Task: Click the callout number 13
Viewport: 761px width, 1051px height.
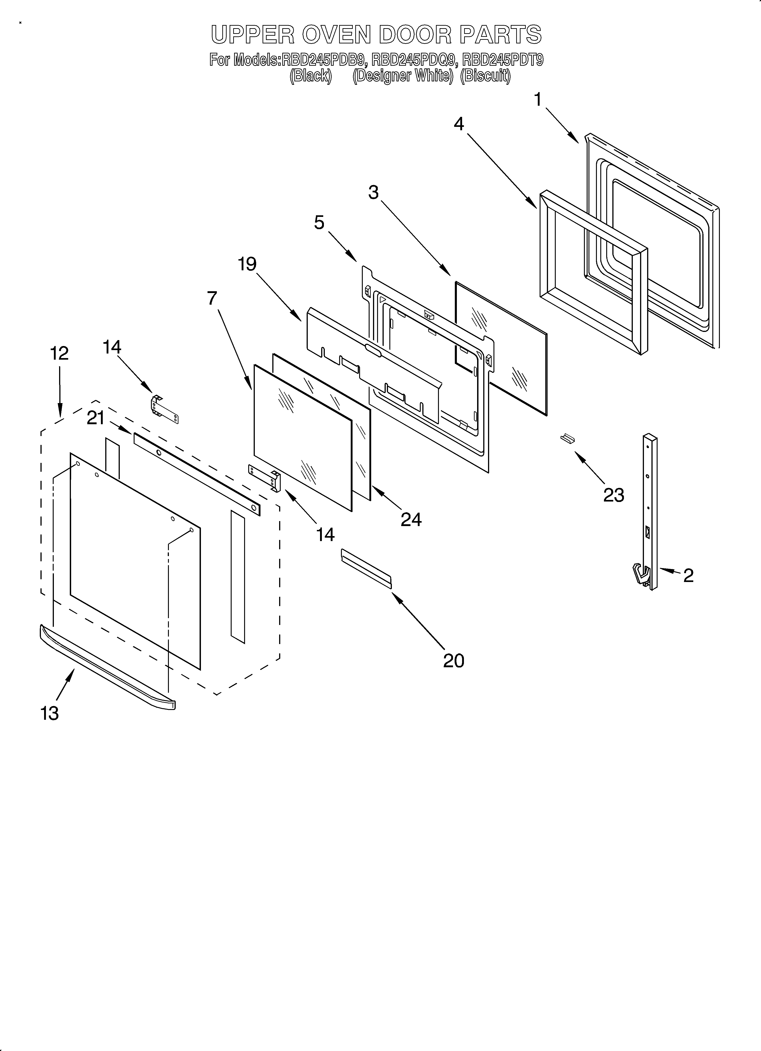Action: (50, 714)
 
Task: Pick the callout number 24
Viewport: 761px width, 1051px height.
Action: (411, 520)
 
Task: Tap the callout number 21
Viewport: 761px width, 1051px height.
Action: (96, 419)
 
